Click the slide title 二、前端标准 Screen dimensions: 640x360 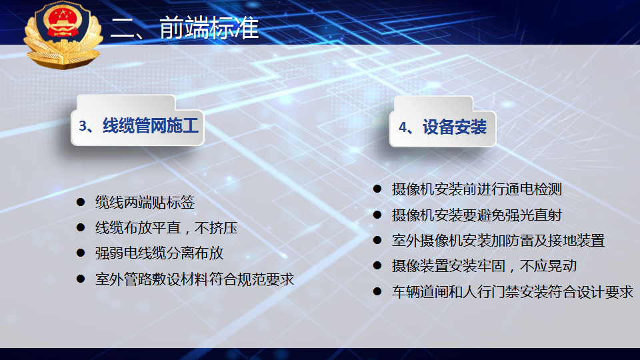click(x=185, y=28)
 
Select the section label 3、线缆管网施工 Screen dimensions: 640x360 click(x=139, y=126)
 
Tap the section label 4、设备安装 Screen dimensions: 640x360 click(x=443, y=127)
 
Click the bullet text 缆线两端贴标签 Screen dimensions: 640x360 click(x=145, y=203)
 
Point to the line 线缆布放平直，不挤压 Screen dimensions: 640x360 click(x=166, y=228)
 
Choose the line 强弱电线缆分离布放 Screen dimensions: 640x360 click(x=159, y=253)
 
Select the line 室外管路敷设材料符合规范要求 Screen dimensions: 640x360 click(x=194, y=279)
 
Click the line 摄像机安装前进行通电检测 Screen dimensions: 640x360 click(x=477, y=189)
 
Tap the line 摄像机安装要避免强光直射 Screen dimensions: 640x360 click(x=477, y=215)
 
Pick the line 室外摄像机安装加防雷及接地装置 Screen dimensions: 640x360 click(x=498, y=241)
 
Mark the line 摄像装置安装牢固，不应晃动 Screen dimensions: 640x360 click(x=484, y=266)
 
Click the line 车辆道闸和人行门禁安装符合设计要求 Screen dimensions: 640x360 click(x=512, y=291)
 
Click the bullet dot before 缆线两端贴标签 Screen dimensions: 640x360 click(x=81, y=202)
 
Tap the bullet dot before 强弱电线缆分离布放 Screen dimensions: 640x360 click(x=81, y=253)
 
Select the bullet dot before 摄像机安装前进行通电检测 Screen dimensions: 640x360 click(x=377, y=189)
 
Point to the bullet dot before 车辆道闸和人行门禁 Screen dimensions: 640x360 click(x=377, y=291)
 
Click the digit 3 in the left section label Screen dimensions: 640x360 click(x=83, y=126)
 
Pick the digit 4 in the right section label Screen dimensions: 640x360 click(x=403, y=127)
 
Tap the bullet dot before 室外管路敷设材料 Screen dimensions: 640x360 click(x=81, y=279)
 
